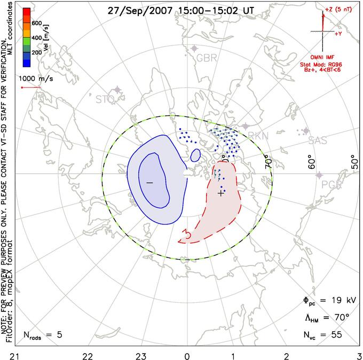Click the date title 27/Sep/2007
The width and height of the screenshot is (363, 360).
[x=136, y=10]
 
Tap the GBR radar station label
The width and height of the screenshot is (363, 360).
[x=207, y=57]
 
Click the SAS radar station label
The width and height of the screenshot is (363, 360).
[x=319, y=140]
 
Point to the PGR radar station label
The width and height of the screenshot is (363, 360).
[x=333, y=185]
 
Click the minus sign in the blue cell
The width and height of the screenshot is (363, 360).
[x=149, y=183]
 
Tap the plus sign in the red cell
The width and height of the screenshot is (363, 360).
[x=221, y=193]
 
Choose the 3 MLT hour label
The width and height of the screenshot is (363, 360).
[x=359, y=354]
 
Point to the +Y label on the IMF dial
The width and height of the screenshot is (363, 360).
[x=338, y=33]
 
